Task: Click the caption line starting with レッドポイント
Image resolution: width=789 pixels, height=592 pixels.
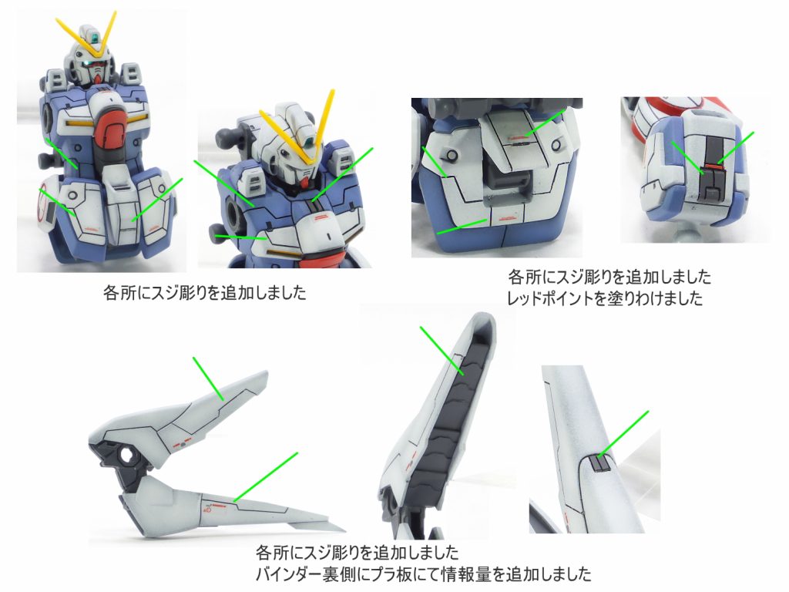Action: click(605, 298)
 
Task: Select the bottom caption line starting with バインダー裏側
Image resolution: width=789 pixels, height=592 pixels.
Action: click(423, 573)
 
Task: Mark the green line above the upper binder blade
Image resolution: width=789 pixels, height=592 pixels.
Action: click(208, 378)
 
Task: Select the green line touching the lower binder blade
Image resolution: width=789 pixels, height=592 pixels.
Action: click(266, 476)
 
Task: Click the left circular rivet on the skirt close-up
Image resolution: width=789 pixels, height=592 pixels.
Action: click(452, 154)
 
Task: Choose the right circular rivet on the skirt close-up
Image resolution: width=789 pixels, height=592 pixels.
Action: click(556, 145)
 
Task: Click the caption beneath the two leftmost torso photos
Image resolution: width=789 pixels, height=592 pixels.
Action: click(204, 292)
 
